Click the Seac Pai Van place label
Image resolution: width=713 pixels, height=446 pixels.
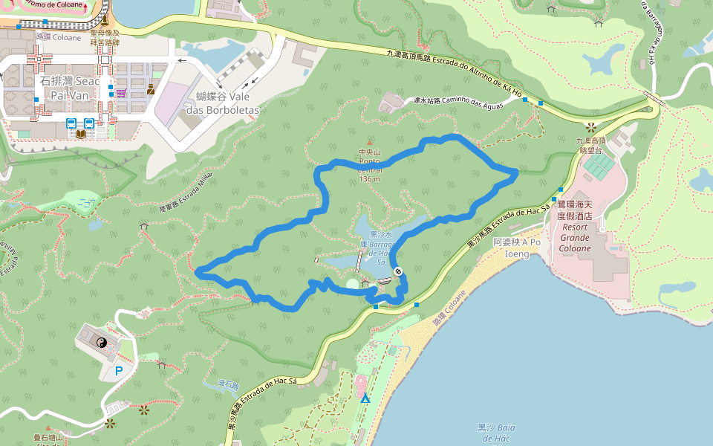point(69,88)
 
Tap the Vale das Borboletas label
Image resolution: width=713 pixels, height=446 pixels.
point(227,103)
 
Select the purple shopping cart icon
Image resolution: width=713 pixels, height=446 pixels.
point(120,92)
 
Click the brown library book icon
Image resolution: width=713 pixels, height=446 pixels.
point(80,134)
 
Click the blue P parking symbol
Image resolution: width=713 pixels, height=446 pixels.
point(119,369)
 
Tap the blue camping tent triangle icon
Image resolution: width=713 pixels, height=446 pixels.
point(365,399)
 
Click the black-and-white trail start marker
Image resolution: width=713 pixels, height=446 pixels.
point(399,271)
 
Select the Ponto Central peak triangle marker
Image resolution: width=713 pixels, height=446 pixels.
point(369,141)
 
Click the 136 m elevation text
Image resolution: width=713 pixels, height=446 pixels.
point(369,178)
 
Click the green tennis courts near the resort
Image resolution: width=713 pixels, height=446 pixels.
point(599,166)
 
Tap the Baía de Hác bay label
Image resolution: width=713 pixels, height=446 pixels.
point(496,433)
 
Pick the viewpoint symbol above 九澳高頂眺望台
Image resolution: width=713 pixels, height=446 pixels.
point(591,127)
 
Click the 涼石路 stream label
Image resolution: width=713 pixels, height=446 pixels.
point(227,385)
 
